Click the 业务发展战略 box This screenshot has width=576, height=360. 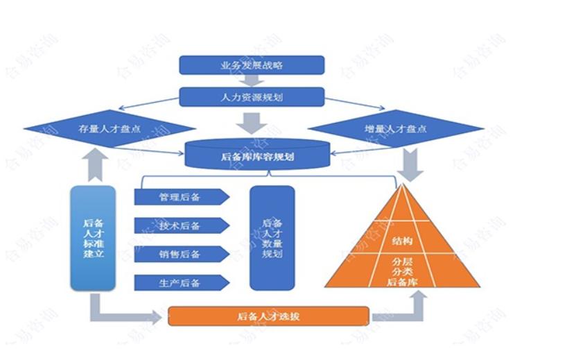tap(252, 65)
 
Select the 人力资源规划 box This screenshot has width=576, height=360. tap(252, 97)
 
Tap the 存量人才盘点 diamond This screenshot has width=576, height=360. tap(110, 129)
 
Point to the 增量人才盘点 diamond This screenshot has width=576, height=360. tap(395, 129)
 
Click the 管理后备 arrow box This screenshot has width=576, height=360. tap(180, 197)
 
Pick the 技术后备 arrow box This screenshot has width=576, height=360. tap(180, 225)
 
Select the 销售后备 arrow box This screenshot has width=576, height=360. tap(180, 254)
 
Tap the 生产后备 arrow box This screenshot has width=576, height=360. tap(180, 282)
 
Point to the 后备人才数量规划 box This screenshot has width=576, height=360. tap(272, 237)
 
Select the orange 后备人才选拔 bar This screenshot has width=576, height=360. tap(268, 316)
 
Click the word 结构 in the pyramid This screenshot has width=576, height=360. tap(402, 241)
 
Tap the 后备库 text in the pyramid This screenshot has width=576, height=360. tap(402, 282)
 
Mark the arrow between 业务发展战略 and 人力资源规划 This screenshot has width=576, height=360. tap(252, 80)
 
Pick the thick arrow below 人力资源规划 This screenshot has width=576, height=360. tap(252, 123)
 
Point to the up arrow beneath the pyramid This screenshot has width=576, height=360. tap(419, 303)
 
